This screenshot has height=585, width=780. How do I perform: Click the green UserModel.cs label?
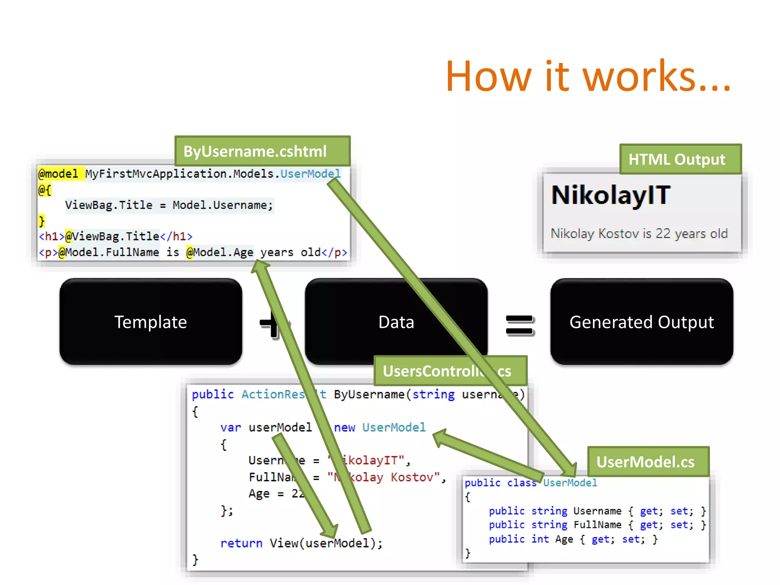648,462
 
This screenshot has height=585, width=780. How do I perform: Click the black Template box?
151,322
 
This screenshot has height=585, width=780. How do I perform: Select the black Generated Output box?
641,322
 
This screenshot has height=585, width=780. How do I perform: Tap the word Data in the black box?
396,322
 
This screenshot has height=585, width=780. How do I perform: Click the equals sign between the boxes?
519,325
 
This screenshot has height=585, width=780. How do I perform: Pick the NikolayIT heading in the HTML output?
611,195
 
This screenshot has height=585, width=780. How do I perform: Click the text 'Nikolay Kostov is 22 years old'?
639,233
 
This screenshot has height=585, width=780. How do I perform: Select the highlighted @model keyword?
58,174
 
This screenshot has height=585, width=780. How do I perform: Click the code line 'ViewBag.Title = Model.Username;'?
169,205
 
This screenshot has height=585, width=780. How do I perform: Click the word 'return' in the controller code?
241,543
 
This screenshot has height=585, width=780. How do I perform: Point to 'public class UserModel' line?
531,483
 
